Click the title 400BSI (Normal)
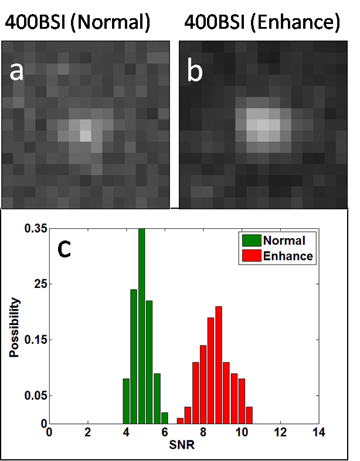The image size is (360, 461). point(77,23)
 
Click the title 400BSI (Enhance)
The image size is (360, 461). point(261,23)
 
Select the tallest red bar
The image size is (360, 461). point(219,364)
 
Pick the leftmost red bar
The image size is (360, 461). point(180,421)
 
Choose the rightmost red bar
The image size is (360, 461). point(249,415)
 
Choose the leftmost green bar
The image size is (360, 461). point(126,401)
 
